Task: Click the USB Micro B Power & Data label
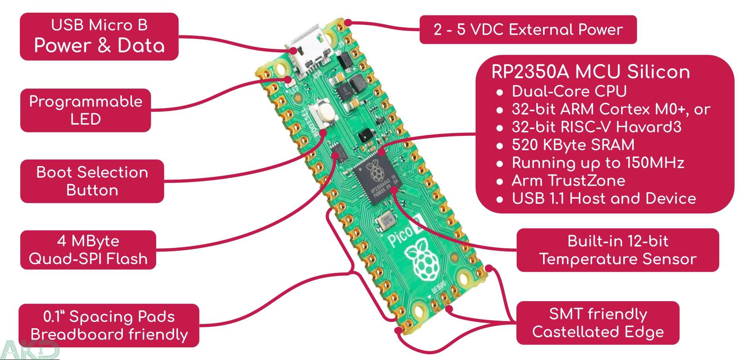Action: coord(99,37)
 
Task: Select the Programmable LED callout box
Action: coord(85,110)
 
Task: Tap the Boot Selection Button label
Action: coord(92,181)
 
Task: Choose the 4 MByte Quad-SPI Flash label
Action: coord(88,250)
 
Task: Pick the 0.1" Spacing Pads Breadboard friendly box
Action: coord(109,325)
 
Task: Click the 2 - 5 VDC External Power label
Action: coord(528,29)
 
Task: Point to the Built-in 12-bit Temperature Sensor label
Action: coord(617,250)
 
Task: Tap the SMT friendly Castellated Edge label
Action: coord(598,323)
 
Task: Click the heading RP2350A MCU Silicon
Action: coord(590,72)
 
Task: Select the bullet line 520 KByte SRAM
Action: coord(573,145)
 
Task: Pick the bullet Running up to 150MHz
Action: coord(598,163)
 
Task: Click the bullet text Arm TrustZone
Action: coord(568,181)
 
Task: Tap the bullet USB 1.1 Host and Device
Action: coord(604,199)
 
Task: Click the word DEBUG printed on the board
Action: coord(439,287)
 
